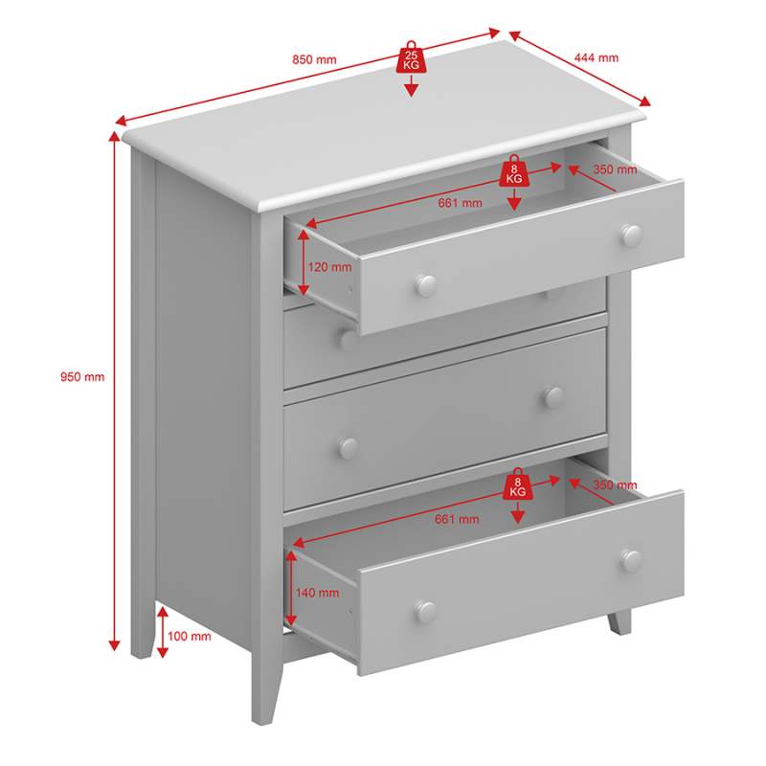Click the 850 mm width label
click(x=314, y=59)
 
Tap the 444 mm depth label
click(x=596, y=57)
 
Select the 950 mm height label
click(x=82, y=376)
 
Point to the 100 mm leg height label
click(x=189, y=636)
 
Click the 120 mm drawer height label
click(x=329, y=267)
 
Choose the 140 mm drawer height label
click(x=317, y=593)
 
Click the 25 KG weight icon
click(x=411, y=57)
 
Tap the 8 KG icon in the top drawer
click(x=513, y=171)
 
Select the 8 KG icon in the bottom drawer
click(x=517, y=484)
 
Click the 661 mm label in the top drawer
click(x=460, y=203)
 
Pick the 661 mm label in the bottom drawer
click(x=457, y=519)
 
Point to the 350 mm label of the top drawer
click(x=615, y=169)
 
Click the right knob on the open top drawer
click(x=632, y=236)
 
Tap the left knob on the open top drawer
click(x=425, y=285)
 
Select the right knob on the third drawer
click(x=554, y=397)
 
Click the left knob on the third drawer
click(x=349, y=448)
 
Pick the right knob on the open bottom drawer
click(x=632, y=561)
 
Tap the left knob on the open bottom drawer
click(x=425, y=612)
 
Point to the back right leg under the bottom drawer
click(x=620, y=622)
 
